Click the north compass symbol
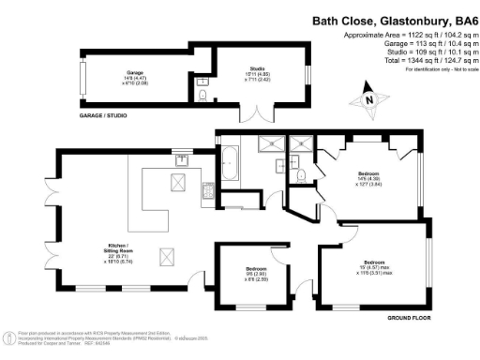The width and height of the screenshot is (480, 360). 368,99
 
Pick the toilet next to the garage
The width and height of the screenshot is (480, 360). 203,92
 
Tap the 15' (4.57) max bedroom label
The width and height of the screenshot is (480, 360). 377,266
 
